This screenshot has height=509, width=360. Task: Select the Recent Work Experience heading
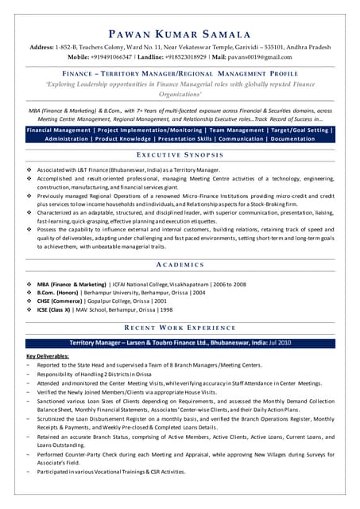click(180, 328)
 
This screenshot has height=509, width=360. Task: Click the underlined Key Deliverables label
click(48, 356)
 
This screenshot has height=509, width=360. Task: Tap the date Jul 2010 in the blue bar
click(278, 342)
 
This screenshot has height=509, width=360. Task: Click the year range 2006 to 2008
click(230, 284)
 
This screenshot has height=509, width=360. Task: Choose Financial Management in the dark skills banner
click(59, 130)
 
